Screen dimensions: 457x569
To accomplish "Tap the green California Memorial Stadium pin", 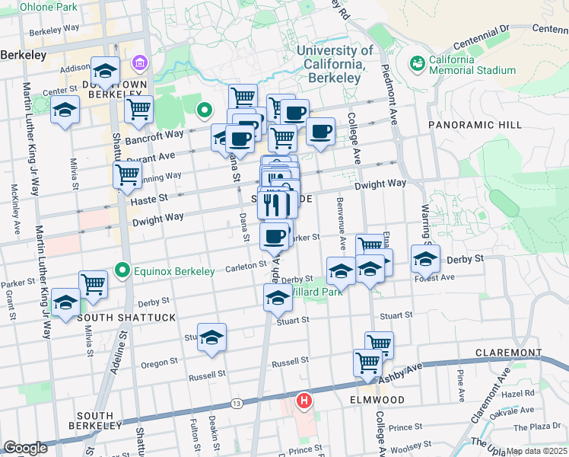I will coord(417,62).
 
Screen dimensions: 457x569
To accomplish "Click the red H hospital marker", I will coord(304,400).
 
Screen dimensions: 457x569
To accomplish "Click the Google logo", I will coord(25,448).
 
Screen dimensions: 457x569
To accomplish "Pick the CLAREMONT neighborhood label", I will coord(507,353).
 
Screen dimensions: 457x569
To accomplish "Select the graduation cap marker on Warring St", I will coord(425,258).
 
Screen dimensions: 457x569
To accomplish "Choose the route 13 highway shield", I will coord(237,402).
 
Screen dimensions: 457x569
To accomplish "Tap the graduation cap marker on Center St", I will coord(65,109).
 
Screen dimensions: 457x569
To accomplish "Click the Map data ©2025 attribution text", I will coord(536,451).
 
